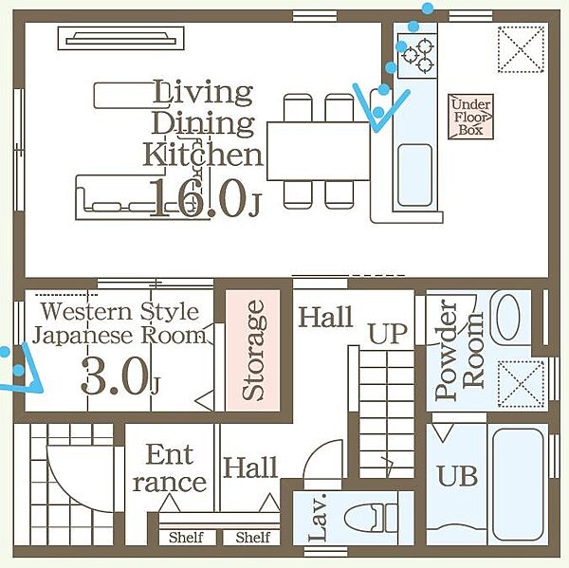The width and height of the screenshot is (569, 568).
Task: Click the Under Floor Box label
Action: tap(470, 117)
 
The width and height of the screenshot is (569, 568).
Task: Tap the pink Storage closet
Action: tap(252, 350)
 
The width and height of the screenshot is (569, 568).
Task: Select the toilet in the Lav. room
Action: tap(371, 517)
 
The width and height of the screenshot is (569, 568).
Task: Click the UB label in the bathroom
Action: tap(457, 475)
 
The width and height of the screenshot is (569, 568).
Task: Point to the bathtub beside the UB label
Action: tap(518, 485)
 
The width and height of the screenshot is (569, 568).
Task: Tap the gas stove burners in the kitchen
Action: tap(417, 56)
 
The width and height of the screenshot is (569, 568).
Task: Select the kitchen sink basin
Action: tap(415, 175)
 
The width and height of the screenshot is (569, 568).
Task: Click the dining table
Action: tap(319, 151)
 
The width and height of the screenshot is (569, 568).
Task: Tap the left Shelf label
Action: tap(186, 537)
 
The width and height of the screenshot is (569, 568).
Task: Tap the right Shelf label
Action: tap(253, 537)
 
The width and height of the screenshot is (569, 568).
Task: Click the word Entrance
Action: tap(170, 468)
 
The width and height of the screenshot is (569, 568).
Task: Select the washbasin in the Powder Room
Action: tap(508, 317)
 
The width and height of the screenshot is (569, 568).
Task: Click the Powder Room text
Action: tap(459, 350)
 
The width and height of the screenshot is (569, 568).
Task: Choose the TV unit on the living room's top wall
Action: tap(121, 38)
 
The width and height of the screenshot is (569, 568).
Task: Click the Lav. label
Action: tap(319, 517)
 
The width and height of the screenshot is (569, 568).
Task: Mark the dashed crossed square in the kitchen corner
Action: tap(521, 49)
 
